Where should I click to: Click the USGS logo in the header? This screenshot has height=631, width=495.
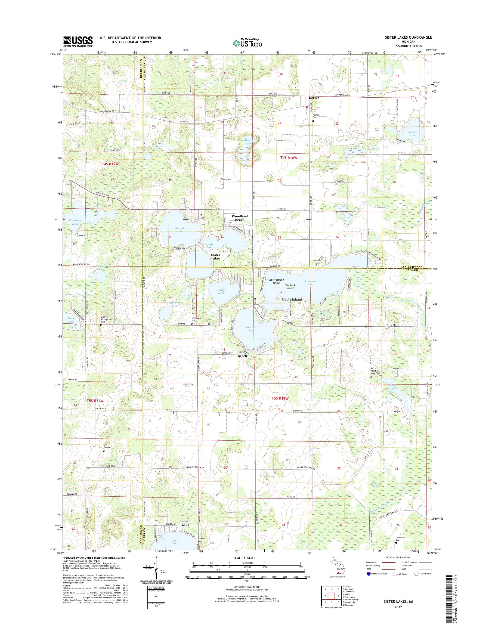click(x=78, y=42)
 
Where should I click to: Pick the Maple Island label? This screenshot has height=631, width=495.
click(x=292, y=299)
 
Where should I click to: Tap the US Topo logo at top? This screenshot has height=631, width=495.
click(x=247, y=43)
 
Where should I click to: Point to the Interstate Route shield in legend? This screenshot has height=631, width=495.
click(x=369, y=574)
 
